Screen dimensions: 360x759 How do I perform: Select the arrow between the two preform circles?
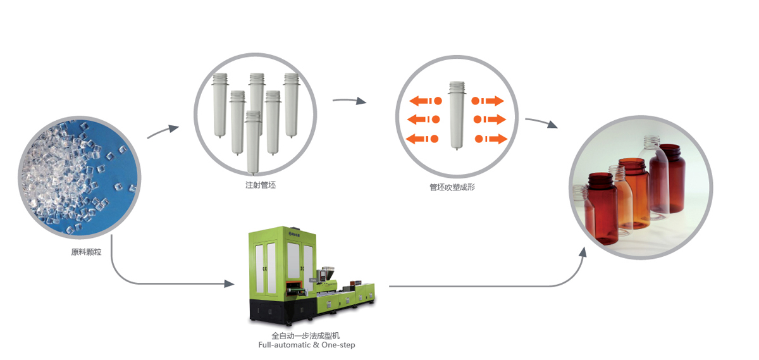349,101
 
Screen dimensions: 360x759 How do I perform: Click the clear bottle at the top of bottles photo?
651,152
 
